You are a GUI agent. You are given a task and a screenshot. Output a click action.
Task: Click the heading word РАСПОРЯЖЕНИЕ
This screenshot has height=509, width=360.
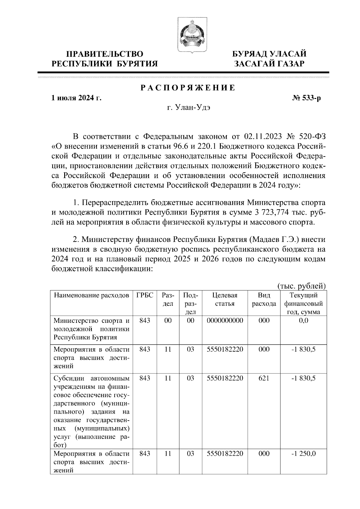188,88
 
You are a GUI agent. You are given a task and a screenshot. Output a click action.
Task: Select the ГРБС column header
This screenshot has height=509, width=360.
145,295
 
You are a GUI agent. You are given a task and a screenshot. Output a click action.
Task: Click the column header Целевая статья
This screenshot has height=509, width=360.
225,299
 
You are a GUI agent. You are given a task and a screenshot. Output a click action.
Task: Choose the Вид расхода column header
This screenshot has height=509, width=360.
264,299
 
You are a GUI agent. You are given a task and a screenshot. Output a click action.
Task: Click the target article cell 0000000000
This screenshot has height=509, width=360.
225,320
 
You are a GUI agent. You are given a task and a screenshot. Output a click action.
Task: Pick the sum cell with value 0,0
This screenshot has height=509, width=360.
303,320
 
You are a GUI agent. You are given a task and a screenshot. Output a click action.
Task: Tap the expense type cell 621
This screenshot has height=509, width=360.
264,378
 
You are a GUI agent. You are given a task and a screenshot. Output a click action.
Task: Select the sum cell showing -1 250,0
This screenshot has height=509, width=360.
303,454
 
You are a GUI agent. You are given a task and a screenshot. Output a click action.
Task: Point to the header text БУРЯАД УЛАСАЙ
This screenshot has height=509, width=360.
270,54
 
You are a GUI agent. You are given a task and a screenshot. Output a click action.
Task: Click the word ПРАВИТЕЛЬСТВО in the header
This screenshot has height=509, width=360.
104,54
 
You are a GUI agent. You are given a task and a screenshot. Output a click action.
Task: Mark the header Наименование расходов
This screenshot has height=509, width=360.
91,295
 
